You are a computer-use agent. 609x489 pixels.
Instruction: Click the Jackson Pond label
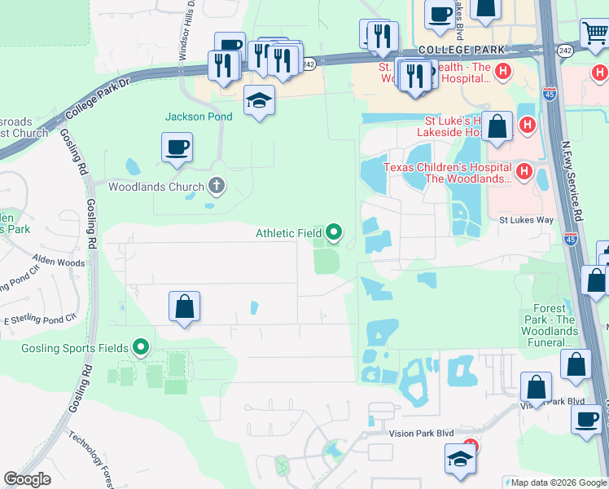[x=199, y=117]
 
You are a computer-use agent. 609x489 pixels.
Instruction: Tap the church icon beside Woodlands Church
[x=216, y=187]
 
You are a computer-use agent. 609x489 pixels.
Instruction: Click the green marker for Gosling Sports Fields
[x=141, y=348]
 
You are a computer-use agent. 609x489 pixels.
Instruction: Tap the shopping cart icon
[x=594, y=33]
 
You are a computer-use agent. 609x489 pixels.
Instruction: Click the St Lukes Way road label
[x=526, y=220]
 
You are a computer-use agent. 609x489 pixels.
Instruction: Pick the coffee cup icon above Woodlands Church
[x=177, y=148]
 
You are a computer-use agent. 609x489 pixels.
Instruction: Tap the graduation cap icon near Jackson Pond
[x=259, y=100]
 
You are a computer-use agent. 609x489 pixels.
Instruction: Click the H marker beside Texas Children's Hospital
[x=524, y=172]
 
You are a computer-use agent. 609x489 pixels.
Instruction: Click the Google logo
[x=28, y=479]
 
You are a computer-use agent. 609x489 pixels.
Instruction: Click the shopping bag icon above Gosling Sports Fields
[x=185, y=307]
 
